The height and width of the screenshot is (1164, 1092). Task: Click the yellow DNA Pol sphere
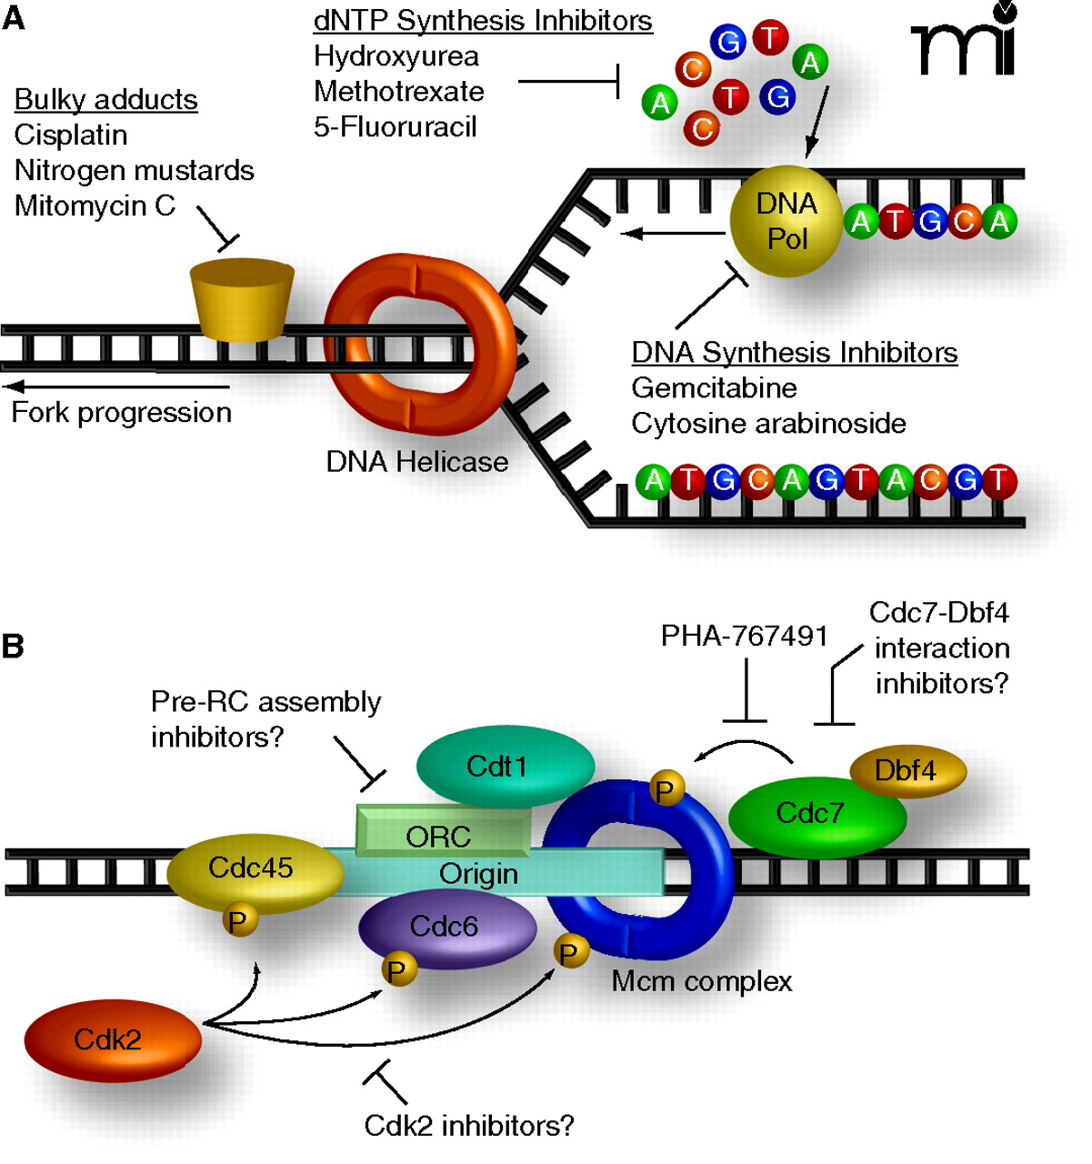(786, 221)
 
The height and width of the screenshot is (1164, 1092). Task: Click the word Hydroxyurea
(396, 56)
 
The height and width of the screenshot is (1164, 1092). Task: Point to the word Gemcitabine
(714, 388)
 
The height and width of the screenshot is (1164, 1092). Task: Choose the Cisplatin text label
(71, 135)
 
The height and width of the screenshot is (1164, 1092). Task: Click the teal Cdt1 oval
(505, 766)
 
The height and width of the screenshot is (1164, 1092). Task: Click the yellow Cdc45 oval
(252, 868)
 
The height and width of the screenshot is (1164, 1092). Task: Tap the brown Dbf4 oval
(907, 771)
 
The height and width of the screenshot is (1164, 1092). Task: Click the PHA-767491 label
(744, 636)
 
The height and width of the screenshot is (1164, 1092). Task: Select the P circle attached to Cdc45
(239, 921)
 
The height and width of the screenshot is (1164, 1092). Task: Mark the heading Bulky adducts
(106, 99)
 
